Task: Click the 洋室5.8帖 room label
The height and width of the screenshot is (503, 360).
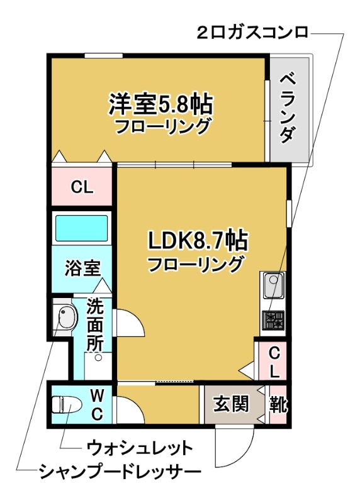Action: (161, 103)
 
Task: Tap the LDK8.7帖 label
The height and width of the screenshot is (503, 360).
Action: (196, 240)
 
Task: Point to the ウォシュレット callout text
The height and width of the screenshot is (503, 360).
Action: (139, 448)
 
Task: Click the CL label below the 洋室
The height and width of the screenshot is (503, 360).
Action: (81, 187)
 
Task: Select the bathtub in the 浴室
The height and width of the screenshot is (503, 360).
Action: (82, 228)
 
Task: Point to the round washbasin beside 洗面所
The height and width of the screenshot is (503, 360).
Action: (64, 318)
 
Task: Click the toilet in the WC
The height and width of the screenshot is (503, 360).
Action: (65, 404)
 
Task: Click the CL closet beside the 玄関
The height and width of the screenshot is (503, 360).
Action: (273, 362)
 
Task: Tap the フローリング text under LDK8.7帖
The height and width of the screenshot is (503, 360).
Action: (195, 264)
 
